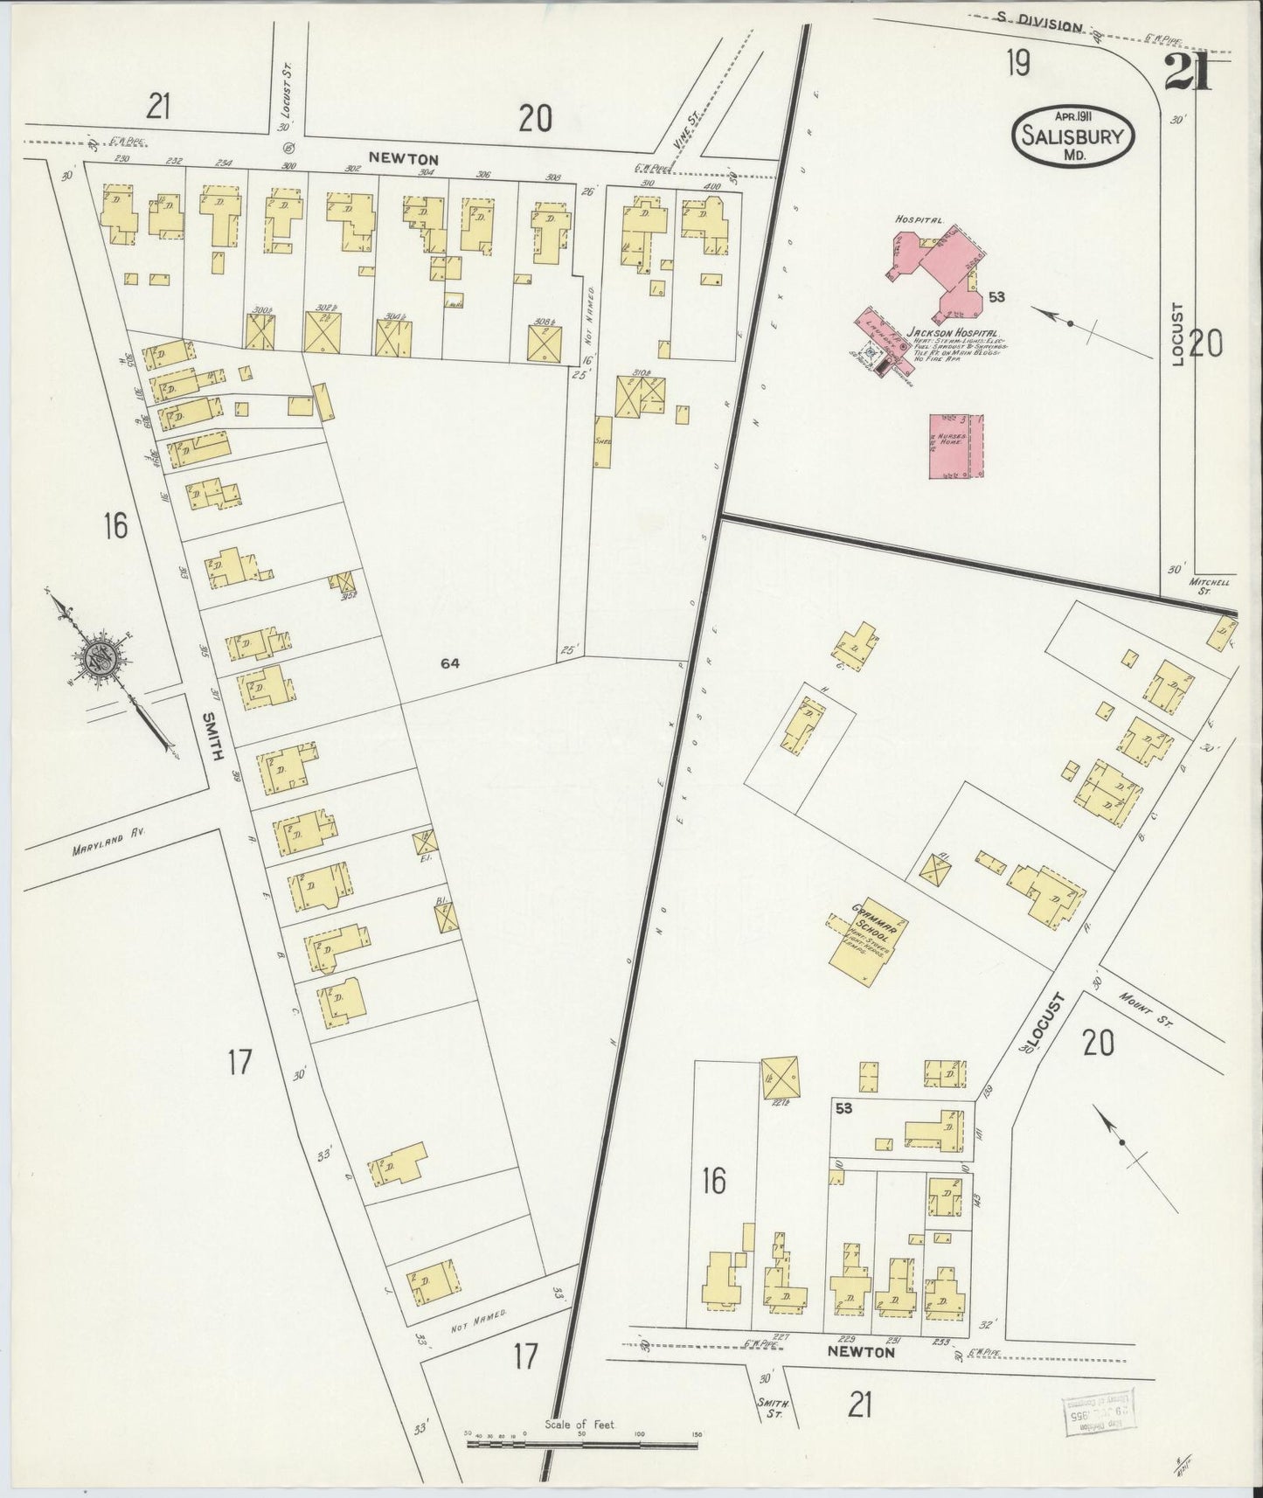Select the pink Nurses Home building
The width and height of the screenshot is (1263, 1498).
point(956,446)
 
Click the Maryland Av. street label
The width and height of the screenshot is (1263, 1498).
point(109,847)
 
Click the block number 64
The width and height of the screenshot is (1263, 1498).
point(450,663)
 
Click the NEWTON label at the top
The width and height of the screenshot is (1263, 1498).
point(402,159)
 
